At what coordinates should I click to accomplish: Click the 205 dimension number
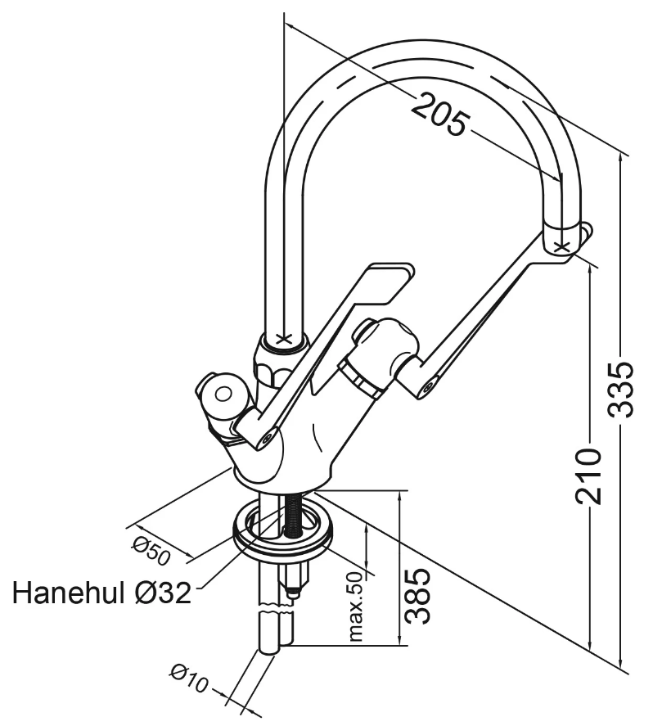[439, 115]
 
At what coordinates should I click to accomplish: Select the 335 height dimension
[621, 390]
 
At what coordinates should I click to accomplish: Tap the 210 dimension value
[588, 476]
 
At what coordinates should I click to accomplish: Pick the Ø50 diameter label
[151, 551]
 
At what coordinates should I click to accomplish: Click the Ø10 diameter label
[189, 679]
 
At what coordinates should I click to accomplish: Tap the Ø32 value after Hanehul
[161, 593]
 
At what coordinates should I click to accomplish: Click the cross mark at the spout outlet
[561, 247]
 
